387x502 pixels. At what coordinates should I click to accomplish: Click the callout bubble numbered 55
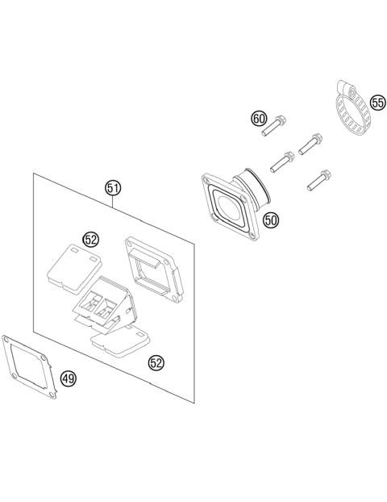(x=377, y=102)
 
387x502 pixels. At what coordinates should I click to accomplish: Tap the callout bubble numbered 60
(x=259, y=119)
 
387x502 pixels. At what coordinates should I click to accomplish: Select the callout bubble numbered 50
(x=271, y=220)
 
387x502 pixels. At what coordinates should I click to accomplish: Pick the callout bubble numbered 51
(x=113, y=189)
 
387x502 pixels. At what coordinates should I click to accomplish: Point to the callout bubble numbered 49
(x=69, y=379)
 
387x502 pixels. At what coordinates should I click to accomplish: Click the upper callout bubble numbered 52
(x=91, y=239)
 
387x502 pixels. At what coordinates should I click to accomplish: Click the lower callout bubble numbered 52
(x=156, y=362)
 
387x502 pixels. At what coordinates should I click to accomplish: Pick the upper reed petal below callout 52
(x=74, y=269)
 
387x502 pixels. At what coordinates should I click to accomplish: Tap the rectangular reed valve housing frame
(x=154, y=270)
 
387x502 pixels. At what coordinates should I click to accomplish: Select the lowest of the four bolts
(x=319, y=180)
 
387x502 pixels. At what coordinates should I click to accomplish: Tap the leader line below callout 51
(x=113, y=203)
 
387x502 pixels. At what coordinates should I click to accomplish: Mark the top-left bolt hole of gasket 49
(x=5, y=338)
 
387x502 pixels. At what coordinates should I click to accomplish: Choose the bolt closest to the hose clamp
(x=310, y=144)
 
